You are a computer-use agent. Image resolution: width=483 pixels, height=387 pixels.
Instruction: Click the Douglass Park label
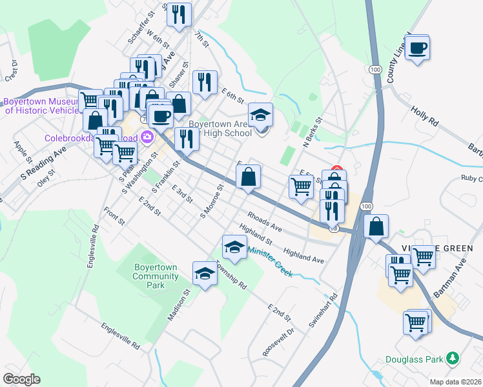(413, 359)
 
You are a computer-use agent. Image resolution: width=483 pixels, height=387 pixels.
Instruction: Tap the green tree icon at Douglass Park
(454, 358)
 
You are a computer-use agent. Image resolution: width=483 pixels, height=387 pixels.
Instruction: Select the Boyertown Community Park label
(156, 276)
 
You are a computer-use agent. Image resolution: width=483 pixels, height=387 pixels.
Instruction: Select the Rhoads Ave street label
(265, 221)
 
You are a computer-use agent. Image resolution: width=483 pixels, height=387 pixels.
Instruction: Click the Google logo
(21, 379)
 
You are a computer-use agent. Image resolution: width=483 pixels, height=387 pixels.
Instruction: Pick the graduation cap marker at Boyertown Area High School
(261, 115)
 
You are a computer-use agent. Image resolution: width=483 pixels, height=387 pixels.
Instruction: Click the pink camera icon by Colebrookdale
(147, 137)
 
